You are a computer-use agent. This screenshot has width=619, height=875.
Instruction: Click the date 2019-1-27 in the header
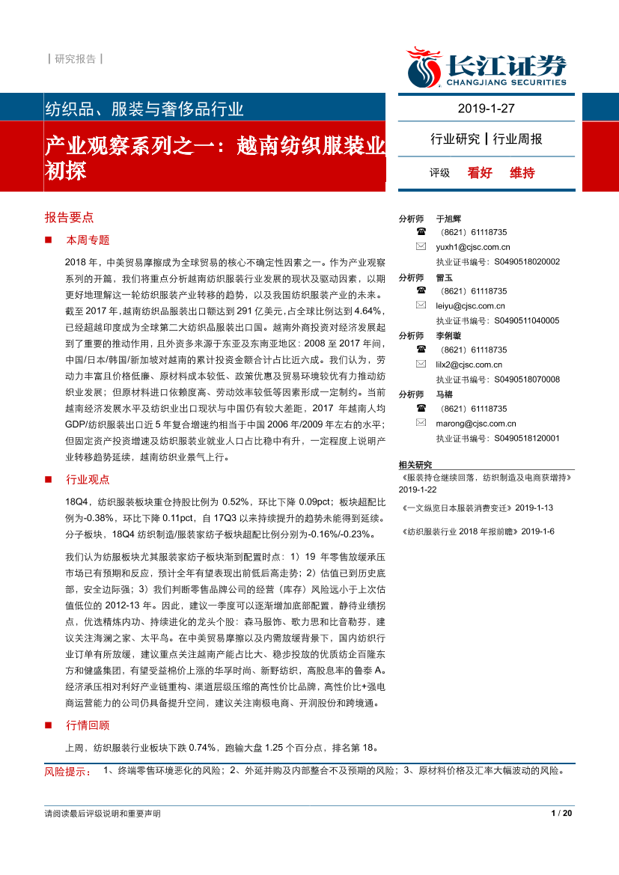point(487,109)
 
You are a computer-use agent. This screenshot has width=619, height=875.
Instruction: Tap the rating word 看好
point(480,173)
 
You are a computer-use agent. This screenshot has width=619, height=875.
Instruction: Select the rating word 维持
point(522,173)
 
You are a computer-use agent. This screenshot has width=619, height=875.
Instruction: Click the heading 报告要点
point(69,217)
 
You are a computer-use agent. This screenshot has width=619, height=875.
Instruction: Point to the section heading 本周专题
point(88,240)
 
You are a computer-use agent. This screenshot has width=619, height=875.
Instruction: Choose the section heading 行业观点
point(88,479)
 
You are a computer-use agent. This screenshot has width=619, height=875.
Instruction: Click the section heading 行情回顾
point(88,725)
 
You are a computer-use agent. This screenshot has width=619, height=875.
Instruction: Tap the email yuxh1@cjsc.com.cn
point(472,247)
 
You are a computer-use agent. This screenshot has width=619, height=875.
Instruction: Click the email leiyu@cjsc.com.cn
point(470,305)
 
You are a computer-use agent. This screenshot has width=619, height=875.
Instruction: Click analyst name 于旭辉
point(448,219)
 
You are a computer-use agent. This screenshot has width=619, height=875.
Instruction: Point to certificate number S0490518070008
point(526,379)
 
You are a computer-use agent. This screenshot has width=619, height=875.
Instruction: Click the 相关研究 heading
point(415,465)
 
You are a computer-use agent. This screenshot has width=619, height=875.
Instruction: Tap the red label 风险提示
point(66,771)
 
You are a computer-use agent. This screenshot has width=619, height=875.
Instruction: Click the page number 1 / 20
point(561,814)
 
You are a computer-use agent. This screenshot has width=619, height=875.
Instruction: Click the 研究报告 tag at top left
point(75,58)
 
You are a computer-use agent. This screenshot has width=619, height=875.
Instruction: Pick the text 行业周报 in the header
point(518,138)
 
